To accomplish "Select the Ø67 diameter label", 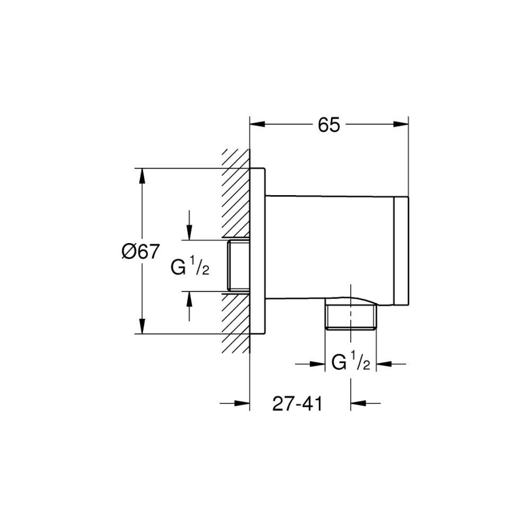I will click(x=140, y=251).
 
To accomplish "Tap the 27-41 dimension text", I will click(x=296, y=404).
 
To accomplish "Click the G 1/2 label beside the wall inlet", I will click(x=190, y=267).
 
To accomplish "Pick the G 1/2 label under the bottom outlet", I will click(x=351, y=364).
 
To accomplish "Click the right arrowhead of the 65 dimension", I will click(x=401, y=124).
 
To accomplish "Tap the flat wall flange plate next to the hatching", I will click(x=258, y=250).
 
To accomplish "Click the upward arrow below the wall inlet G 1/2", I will click(x=190, y=299).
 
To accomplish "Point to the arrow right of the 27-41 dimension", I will click(x=358, y=403).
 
